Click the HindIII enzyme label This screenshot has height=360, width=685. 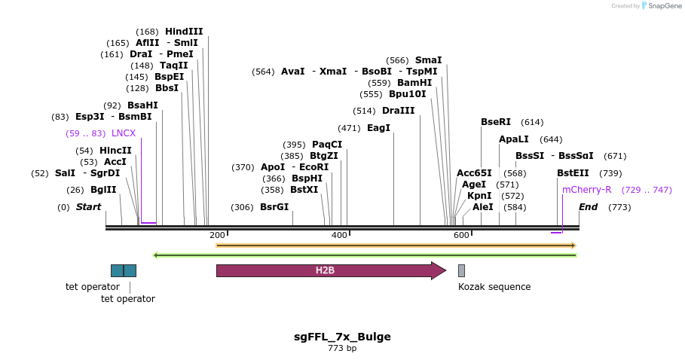click(x=184, y=32)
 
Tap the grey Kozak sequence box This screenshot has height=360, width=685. click(x=461, y=270)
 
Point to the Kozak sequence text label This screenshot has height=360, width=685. click(x=494, y=287)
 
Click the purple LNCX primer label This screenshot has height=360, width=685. click(x=124, y=133)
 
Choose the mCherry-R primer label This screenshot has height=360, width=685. click(x=587, y=190)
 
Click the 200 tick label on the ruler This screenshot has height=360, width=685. click(x=217, y=236)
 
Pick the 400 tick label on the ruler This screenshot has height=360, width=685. click(x=339, y=236)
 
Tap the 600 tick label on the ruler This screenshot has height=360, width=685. click(x=461, y=236)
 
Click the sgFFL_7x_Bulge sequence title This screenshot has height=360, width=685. click(x=342, y=337)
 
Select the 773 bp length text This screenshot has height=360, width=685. click(x=342, y=348)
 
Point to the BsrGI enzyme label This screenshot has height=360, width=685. click(x=274, y=207)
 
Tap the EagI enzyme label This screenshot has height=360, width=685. click(x=378, y=128)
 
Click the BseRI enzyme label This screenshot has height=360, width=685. click(x=496, y=122)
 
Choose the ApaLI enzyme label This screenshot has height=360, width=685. click(x=514, y=139)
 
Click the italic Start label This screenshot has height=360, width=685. click(x=88, y=207)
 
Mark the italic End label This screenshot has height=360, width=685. click(x=589, y=207)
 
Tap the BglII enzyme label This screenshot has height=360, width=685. click(x=103, y=190)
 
